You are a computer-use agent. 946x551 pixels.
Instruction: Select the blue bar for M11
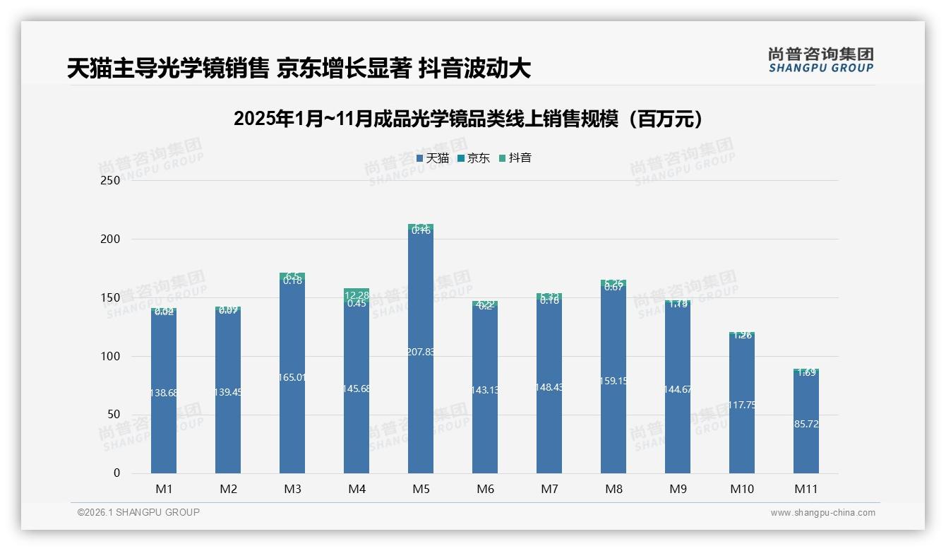click(x=806, y=438)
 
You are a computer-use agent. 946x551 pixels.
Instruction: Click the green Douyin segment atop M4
click(x=357, y=295)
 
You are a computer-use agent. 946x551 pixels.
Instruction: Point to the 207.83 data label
click(x=421, y=352)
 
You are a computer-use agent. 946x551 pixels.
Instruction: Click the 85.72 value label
click(x=806, y=424)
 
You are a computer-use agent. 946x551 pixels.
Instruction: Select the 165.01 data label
click(x=292, y=377)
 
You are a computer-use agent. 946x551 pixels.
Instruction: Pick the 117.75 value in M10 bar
click(x=742, y=405)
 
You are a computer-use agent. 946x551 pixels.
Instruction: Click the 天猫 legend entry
click(x=433, y=158)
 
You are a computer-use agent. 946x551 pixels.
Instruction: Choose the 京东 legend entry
click(x=474, y=158)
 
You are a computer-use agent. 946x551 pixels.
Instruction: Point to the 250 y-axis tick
click(x=111, y=181)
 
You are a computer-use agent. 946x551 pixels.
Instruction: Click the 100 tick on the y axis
click(x=111, y=357)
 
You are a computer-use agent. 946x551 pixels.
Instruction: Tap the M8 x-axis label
click(x=613, y=489)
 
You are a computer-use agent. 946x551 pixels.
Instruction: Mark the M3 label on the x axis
click(x=292, y=489)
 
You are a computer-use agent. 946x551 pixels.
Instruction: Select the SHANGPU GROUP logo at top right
click(x=821, y=60)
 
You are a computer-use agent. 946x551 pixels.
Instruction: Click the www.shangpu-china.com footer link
click(x=822, y=513)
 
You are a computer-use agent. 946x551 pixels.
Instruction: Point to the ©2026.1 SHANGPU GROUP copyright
click(x=138, y=512)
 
